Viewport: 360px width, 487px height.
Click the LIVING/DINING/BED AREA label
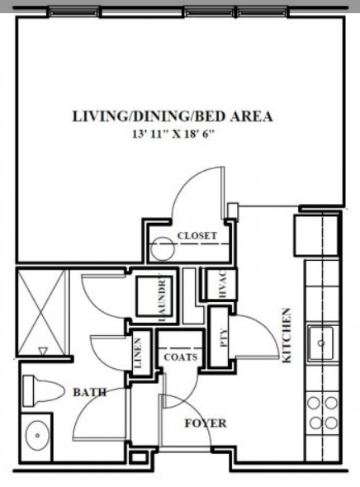[x=172, y=116]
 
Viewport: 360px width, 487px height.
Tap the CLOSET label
[x=198, y=236]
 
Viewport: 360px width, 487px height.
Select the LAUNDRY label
[x=163, y=298]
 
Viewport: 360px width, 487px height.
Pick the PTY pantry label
[x=221, y=337]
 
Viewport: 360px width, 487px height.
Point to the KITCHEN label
[x=287, y=336]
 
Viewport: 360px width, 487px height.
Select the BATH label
[x=90, y=393]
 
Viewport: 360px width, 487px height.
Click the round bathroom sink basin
[x=36, y=436]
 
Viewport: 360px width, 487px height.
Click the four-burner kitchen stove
[x=322, y=411]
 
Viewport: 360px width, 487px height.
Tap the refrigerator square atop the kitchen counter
[x=318, y=233]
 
